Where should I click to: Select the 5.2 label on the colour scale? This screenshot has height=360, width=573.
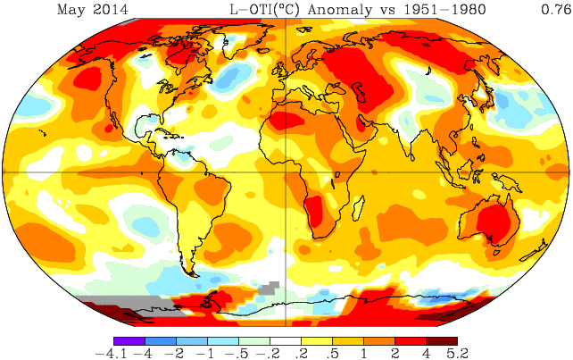[458, 353]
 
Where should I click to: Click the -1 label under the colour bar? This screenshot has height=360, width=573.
[207, 353]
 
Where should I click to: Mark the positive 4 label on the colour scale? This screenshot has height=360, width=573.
[427, 353]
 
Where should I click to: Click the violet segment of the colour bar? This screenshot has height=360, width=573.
[129, 340]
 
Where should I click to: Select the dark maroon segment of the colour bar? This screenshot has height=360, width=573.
[442, 340]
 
